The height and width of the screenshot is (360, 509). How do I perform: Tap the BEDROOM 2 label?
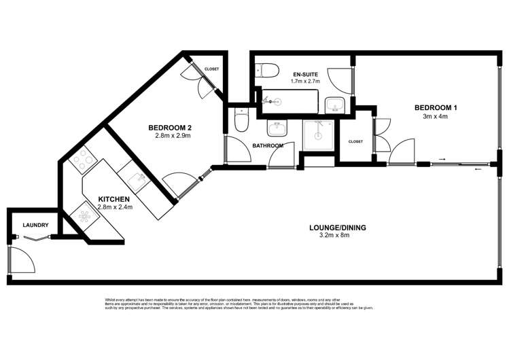coord(173,127)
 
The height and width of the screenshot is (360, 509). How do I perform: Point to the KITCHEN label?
coord(114,198)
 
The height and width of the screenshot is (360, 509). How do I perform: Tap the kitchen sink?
coord(137,179)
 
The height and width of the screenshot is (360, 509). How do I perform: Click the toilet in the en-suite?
coord(268,71)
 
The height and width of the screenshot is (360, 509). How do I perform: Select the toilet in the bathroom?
coord(240,121)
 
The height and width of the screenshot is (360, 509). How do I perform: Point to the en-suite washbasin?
coord(334,105)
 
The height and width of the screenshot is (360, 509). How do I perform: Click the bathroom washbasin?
coord(277,128)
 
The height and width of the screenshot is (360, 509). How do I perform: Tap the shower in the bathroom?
coord(316,134)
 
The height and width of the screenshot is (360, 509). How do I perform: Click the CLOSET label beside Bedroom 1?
coord(355,141)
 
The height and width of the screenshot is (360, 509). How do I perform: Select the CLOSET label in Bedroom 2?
coord(211,69)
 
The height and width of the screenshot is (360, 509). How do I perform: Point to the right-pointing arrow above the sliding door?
coord(442,160)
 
